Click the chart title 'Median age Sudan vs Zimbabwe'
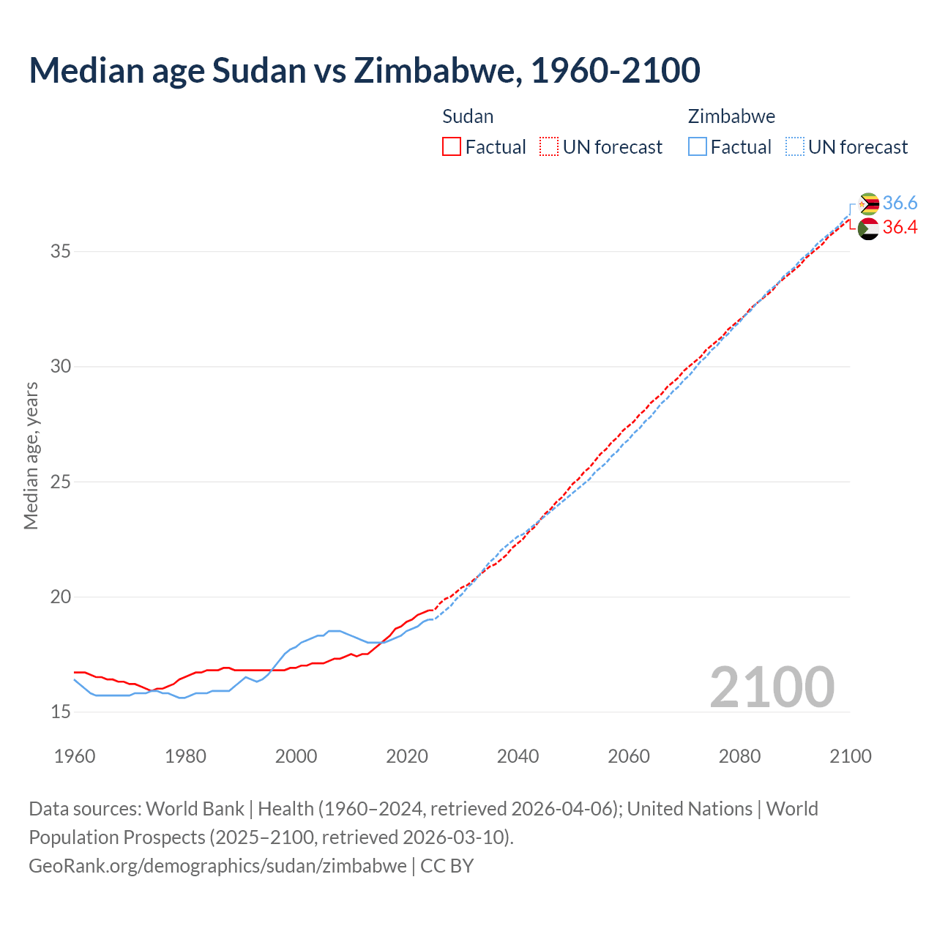(x=364, y=70)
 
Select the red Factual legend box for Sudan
(x=452, y=146)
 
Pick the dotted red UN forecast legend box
(x=548, y=146)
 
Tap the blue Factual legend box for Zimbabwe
(x=697, y=146)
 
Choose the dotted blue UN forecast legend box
(x=794, y=146)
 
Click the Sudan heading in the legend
(x=468, y=116)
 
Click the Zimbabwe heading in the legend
(x=731, y=116)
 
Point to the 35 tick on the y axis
(x=60, y=251)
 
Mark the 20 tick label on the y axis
(x=60, y=597)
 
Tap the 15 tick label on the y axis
(x=60, y=712)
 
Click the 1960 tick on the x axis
(x=75, y=756)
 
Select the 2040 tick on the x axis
(x=518, y=756)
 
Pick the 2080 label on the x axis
(x=739, y=756)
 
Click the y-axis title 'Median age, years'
(x=31, y=455)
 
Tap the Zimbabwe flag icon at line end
(x=868, y=204)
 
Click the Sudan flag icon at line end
(x=868, y=228)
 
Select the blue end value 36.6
(x=900, y=203)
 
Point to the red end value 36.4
(x=900, y=228)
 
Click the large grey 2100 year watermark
(x=772, y=687)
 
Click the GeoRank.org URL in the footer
(x=217, y=865)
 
